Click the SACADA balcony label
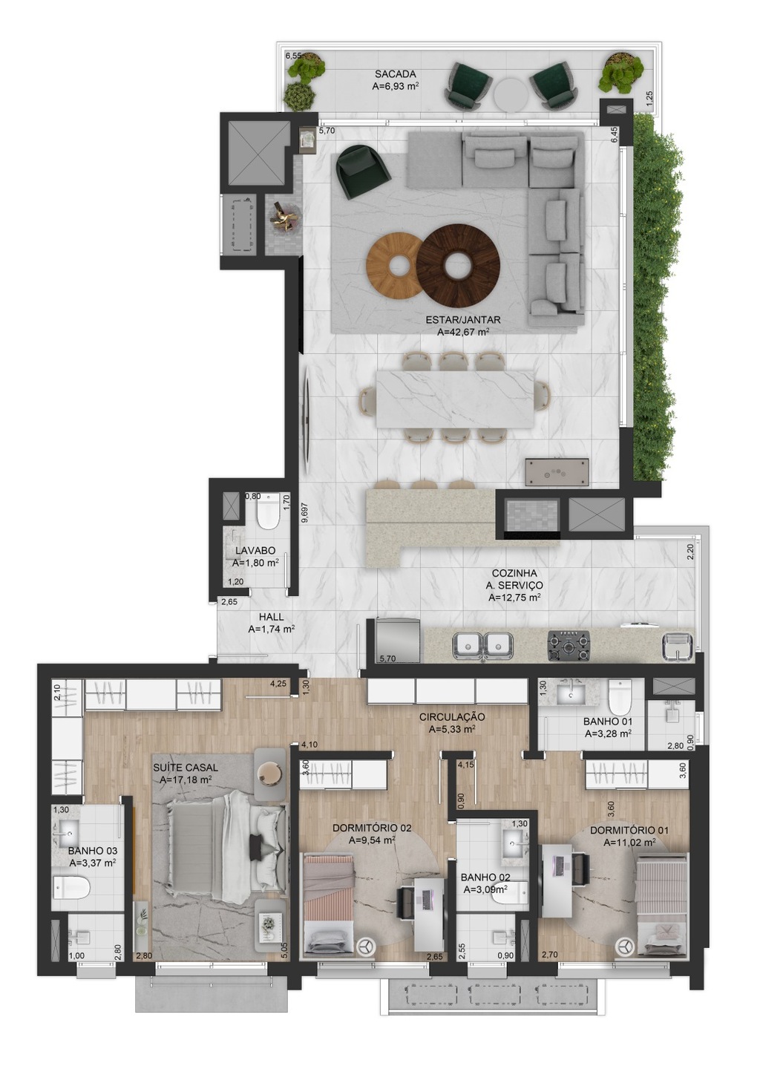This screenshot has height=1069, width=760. tap(395, 74)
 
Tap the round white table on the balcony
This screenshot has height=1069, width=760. tap(511, 94)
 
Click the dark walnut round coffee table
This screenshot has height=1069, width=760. tap(458, 266)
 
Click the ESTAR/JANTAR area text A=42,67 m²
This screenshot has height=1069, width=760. tap(463, 332)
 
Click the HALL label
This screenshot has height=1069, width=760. tap(272, 617)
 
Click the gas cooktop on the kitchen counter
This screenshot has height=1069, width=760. tap(569, 646)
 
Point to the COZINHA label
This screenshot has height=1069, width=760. tap(514, 573)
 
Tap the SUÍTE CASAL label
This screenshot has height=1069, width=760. tap(186, 768)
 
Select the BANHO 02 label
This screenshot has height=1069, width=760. tap(485, 877)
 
